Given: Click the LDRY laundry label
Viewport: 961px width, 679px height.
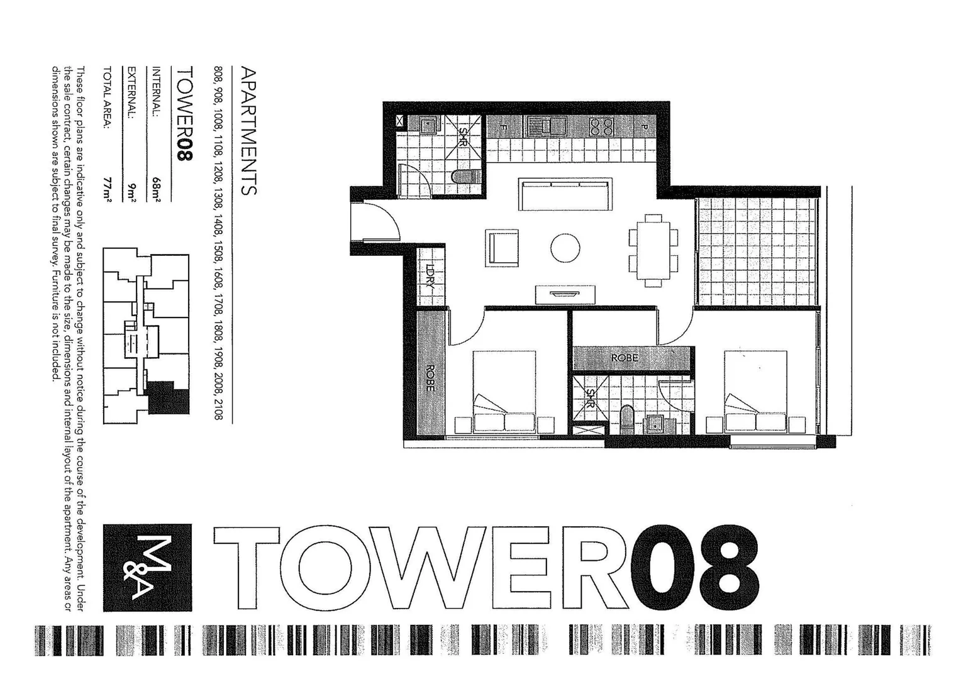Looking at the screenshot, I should click(431, 276).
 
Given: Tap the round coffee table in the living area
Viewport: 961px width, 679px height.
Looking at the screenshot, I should click(565, 248).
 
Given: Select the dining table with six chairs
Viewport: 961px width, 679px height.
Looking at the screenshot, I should click(653, 250).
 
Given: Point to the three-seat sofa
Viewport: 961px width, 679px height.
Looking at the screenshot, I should click(565, 195).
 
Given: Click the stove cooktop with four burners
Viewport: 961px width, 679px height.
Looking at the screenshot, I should click(601, 127).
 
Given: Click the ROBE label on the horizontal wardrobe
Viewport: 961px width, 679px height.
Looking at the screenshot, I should click(624, 358).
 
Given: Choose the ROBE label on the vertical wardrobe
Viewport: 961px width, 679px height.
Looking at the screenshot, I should click(430, 378).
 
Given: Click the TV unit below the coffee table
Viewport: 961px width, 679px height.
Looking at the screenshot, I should click(565, 294).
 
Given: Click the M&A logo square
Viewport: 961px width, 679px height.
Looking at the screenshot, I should click(147, 568).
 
